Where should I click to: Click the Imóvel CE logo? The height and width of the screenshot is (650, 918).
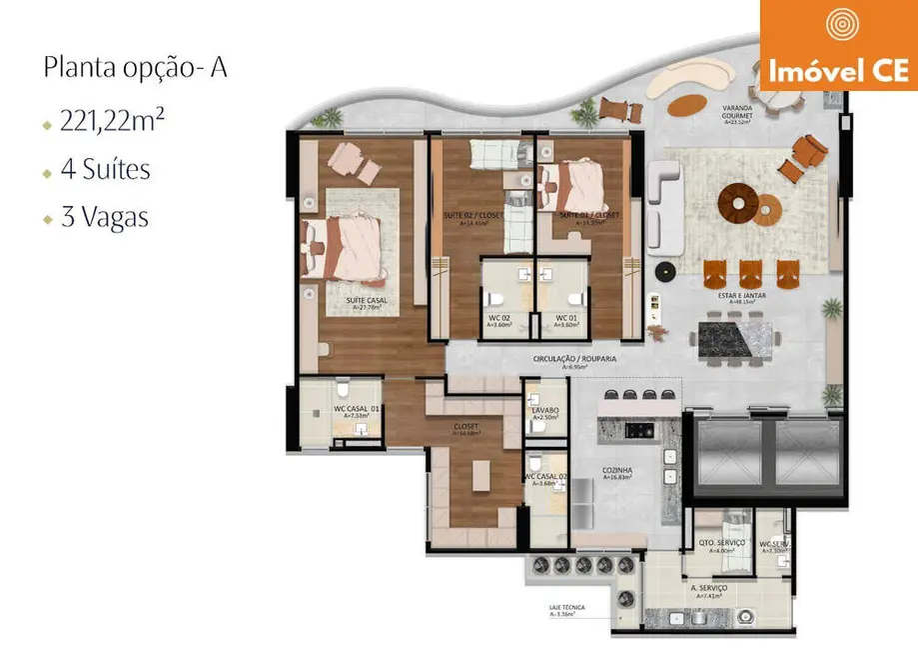click(x=838, y=45)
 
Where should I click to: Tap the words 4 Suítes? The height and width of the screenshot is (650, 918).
click(x=105, y=170)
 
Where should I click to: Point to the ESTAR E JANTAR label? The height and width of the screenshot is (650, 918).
click(x=743, y=296)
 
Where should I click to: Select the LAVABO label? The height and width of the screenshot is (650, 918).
click(x=545, y=412)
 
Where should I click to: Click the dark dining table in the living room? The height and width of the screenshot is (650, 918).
click(x=736, y=338)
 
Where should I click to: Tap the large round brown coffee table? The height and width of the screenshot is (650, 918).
click(x=740, y=204)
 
